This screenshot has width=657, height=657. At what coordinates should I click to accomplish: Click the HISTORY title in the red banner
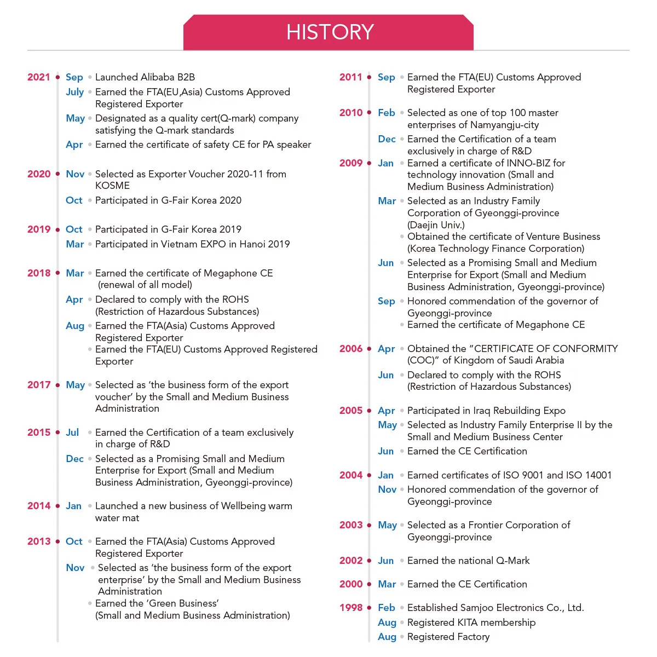tap(330, 32)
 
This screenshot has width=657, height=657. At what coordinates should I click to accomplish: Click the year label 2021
tap(38, 77)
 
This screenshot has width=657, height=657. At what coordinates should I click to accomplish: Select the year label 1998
tap(351, 608)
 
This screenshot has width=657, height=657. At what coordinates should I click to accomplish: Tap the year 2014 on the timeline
tap(38, 506)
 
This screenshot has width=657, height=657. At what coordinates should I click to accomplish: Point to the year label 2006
tap(351, 349)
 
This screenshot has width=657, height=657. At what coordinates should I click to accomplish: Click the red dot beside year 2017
tap(57, 385)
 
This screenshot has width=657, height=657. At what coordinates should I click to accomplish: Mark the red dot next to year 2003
tap(370, 525)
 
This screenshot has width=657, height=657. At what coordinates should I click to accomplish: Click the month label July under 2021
tap(75, 92)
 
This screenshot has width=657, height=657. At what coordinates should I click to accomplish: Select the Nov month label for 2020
tap(75, 174)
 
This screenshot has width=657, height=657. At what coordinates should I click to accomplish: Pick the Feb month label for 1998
tap(387, 608)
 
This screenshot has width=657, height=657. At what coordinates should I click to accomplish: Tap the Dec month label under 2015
tap(75, 459)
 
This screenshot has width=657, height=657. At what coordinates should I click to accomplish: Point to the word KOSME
tap(112, 186)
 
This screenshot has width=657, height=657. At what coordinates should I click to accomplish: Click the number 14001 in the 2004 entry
tap(595, 475)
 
